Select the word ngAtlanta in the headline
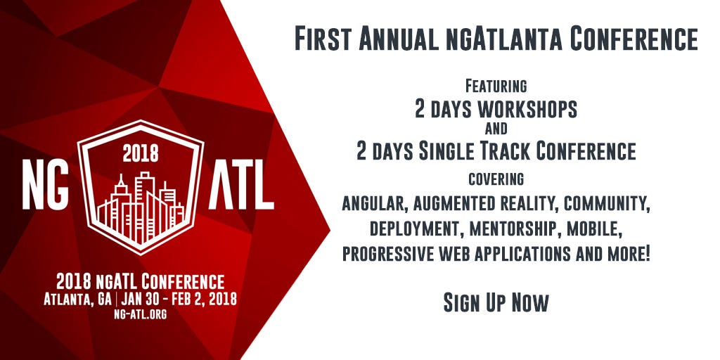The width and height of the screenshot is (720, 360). click(503, 40)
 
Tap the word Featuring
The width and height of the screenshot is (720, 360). click(496, 86)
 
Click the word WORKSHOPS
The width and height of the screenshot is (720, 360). click(527, 109)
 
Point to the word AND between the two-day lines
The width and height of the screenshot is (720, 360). click(496, 129)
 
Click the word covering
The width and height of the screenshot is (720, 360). click(496, 179)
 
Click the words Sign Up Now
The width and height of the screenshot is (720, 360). click(496, 302)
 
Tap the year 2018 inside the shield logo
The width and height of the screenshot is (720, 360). click(141, 153)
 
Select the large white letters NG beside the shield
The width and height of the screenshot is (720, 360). click(46, 186)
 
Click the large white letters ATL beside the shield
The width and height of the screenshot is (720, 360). click(242, 186)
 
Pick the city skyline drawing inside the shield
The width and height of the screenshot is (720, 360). click(141, 208)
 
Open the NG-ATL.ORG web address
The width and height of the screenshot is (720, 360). click(140, 314)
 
